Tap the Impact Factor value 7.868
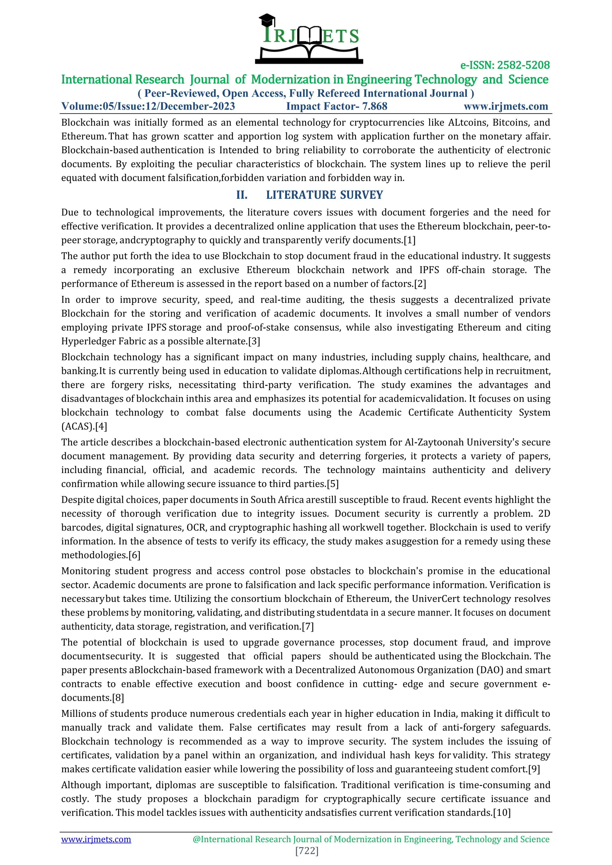(x=375, y=106)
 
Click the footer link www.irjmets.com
(x=96, y=839)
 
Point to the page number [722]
(x=307, y=851)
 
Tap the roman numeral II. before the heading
(x=241, y=195)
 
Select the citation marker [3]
(x=254, y=341)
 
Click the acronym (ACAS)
(x=77, y=426)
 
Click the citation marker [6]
(x=134, y=555)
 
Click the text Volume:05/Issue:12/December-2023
(x=148, y=106)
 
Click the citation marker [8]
(x=118, y=698)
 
